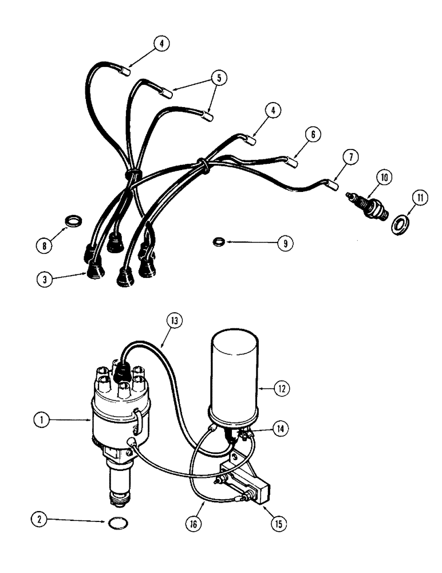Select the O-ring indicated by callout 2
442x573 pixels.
click(x=119, y=522)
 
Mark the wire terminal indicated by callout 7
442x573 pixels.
click(x=330, y=185)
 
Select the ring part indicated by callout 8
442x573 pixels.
click(x=74, y=220)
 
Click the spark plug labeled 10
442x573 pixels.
click(x=369, y=206)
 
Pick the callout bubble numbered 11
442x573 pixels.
click(x=421, y=199)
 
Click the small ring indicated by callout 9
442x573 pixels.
click(x=218, y=242)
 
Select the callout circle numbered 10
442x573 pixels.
click(x=384, y=177)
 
